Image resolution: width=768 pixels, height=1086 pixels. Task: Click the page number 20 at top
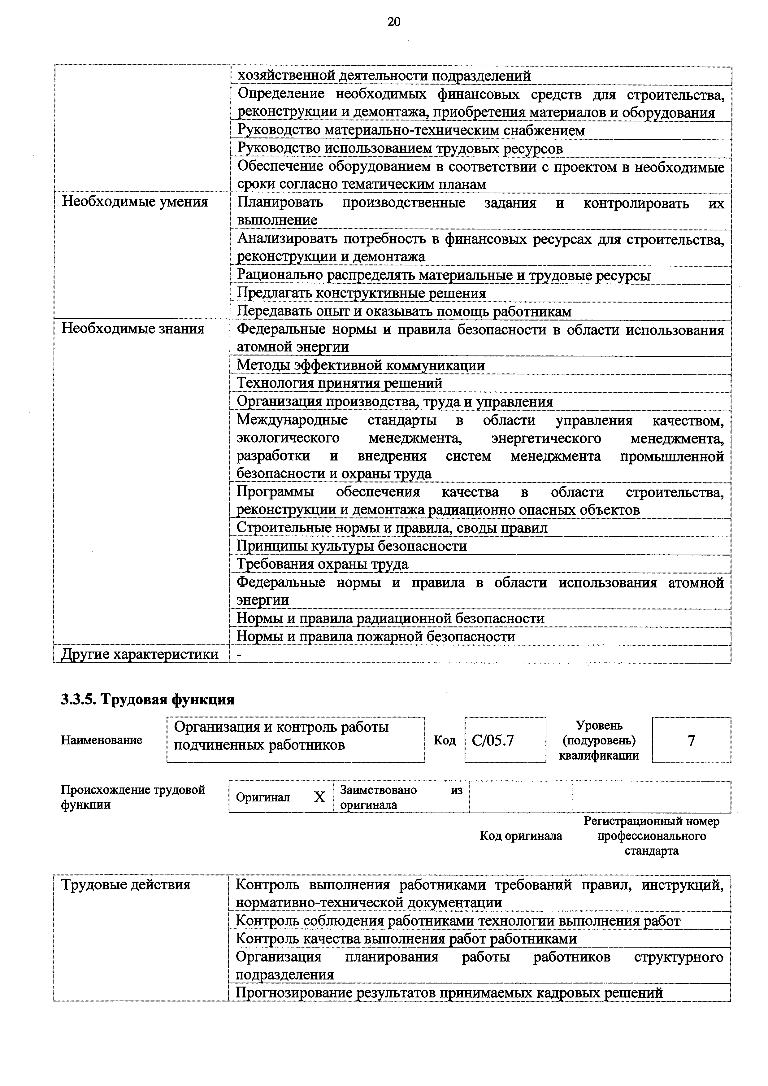coord(393,22)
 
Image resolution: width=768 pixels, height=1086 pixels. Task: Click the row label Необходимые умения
coord(135,202)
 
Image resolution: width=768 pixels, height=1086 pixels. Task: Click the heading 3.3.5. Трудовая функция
coord(148,699)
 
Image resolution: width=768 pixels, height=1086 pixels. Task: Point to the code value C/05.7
coord(493,740)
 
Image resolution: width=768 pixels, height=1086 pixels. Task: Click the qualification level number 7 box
coord(691,740)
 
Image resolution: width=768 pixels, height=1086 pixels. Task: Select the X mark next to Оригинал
coord(320,797)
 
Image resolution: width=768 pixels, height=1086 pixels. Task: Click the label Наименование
coord(101,740)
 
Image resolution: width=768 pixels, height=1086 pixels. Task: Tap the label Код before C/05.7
coord(445,740)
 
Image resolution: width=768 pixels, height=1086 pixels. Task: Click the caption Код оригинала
coord(521,836)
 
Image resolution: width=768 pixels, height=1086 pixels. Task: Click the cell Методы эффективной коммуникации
coord(360,365)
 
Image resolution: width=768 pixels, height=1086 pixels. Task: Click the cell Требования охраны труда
coord(322,564)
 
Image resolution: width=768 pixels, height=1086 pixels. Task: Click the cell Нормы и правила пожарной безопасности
coord(375,637)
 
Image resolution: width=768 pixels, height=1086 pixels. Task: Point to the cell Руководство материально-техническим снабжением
coord(411,130)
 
